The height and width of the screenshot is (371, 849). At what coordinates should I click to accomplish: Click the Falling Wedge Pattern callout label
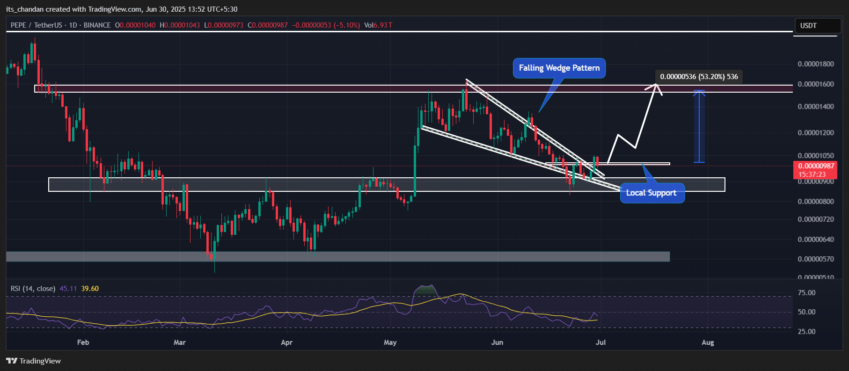point(559,68)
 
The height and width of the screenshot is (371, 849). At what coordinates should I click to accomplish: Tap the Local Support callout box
point(651,193)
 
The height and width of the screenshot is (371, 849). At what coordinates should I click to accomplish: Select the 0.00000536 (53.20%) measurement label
point(699,77)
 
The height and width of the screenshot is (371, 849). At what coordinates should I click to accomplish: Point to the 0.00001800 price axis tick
point(815,64)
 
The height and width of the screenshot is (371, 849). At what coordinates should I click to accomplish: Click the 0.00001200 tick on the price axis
point(815,133)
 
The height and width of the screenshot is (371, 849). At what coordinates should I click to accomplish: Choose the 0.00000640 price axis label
point(815,240)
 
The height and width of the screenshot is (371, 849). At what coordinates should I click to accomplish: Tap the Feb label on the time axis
point(83,342)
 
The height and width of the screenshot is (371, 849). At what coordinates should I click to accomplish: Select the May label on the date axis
point(390,342)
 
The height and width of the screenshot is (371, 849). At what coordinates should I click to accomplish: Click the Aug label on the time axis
point(708,342)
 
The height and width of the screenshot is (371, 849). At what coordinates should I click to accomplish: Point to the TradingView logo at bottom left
point(34,361)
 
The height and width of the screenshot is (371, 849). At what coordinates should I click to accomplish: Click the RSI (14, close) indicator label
point(33,289)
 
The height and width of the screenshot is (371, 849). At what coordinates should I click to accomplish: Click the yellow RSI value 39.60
point(90,289)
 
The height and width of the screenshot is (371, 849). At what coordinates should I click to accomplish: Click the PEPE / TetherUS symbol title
point(37,25)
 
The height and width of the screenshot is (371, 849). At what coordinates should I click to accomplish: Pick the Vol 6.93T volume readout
point(378,25)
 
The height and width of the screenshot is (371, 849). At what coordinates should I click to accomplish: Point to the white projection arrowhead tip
point(656,85)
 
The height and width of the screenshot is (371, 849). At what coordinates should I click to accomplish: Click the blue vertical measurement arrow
point(699,126)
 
